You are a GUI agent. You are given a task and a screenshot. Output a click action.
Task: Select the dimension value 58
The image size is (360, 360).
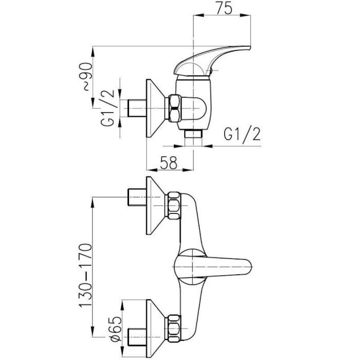coord(170,164)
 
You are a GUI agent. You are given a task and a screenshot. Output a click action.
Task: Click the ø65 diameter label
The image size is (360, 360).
coord(117,326)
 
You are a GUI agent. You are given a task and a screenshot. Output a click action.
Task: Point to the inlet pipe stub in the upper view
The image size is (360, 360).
coord(136,109)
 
